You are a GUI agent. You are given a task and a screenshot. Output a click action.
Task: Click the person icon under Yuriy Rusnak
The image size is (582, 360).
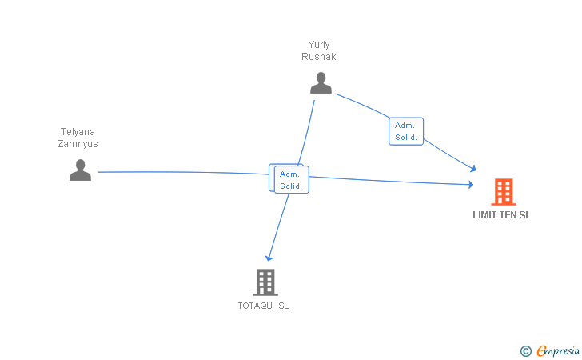click(x=321, y=82)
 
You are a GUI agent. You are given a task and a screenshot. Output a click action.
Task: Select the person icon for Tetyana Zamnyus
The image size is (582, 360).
click(x=80, y=170)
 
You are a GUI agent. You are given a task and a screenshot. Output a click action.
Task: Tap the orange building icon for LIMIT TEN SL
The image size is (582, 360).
click(x=503, y=192)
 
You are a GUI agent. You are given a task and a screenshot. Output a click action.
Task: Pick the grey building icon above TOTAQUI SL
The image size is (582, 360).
click(x=265, y=282)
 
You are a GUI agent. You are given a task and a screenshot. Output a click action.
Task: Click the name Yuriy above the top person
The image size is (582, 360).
click(x=319, y=45)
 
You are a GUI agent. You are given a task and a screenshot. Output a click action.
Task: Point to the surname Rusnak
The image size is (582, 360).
click(x=319, y=57)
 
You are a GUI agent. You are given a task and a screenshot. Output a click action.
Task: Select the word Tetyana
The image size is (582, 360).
click(x=78, y=132)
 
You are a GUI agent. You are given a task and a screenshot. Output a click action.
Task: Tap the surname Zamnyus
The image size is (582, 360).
click(x=78, y=144)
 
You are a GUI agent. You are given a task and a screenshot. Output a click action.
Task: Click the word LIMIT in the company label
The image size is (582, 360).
click(x=485, y=214)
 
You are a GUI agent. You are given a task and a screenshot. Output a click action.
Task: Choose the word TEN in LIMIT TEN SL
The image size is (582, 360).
click(x=508, y=214)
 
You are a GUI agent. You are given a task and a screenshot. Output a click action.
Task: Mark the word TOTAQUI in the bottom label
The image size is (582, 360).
click(x=256, y=305)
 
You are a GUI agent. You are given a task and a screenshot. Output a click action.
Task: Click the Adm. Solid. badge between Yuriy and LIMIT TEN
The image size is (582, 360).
click(x=406, y=131)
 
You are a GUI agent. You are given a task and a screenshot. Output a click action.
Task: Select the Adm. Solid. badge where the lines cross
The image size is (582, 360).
click(x=290, y=180)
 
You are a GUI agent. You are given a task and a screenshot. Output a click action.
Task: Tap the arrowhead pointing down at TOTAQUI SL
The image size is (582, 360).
click(x=269, y=258)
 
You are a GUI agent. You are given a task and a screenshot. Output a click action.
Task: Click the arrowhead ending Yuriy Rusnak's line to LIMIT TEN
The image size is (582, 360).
click(x=473, y=168)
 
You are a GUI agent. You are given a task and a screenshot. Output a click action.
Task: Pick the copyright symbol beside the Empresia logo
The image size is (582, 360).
click(x=525, y=350)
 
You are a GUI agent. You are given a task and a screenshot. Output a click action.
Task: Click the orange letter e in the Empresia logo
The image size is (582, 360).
click(x=541, y=350)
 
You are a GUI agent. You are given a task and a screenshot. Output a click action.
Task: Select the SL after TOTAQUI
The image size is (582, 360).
click(x=283, y=305)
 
